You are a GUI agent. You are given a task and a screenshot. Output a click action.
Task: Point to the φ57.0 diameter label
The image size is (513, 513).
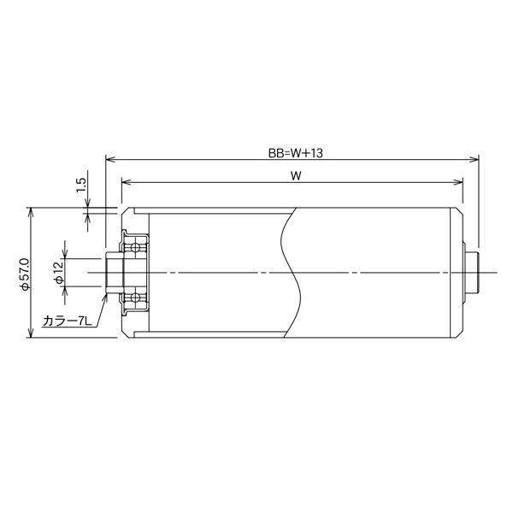(24, 274)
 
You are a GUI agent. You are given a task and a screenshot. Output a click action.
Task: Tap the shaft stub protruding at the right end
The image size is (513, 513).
(472, 273)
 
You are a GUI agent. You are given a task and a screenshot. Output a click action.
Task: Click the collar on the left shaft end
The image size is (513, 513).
(112, 273)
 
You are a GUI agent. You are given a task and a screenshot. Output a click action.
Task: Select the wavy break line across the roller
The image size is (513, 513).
(291, 273)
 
